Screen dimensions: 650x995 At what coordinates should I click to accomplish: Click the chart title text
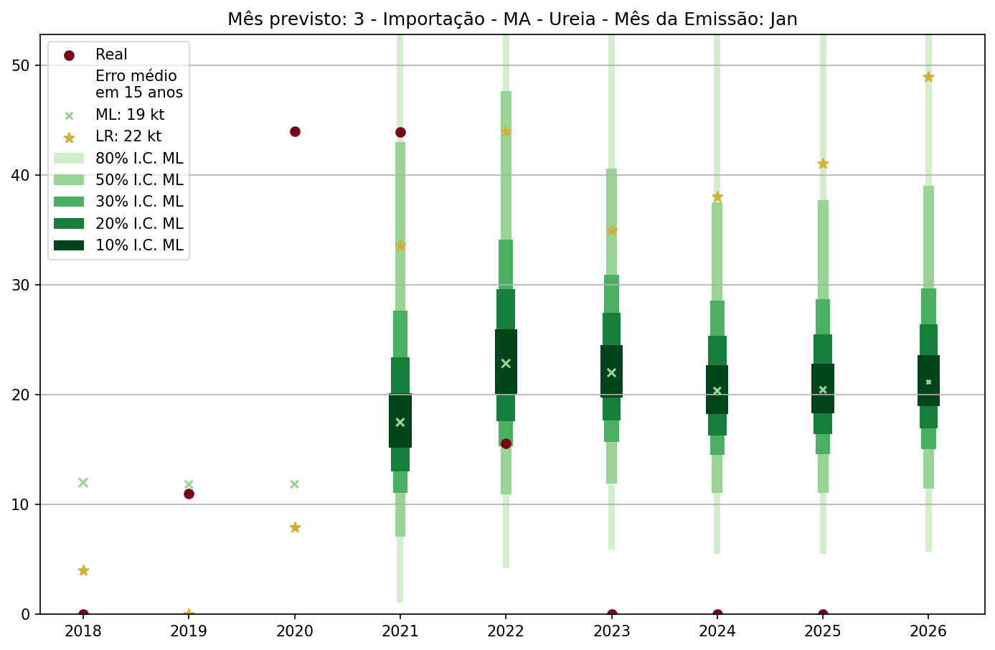[x=512, y=19]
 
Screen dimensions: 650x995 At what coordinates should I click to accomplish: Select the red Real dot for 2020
[x=295, y=131]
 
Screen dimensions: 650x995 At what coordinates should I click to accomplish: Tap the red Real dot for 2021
[x=400, y=132]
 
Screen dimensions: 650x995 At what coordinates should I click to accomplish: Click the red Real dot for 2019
[x=189, y=494]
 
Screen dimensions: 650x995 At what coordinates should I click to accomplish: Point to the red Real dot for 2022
[x=506, y=443]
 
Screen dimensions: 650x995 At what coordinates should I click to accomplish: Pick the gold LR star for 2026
[x=928, y=77]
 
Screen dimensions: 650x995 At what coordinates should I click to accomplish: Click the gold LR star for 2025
[x=823, y=164]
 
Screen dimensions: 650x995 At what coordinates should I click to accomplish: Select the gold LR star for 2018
[x=83, y=570]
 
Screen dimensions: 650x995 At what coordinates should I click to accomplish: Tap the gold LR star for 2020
[x=295, y=527]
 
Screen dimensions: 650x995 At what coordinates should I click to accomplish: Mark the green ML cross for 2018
[x=83, y=482]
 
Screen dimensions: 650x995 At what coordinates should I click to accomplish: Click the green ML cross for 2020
[x=294, y=484]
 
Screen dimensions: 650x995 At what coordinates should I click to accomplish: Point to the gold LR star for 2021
[x=400, y=245]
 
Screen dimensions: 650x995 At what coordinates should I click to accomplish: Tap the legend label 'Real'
[x=111, y=55]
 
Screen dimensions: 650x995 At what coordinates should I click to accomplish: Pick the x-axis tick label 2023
[x=611, y=631]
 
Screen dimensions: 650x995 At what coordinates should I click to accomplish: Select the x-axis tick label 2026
[x=928, y=631]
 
